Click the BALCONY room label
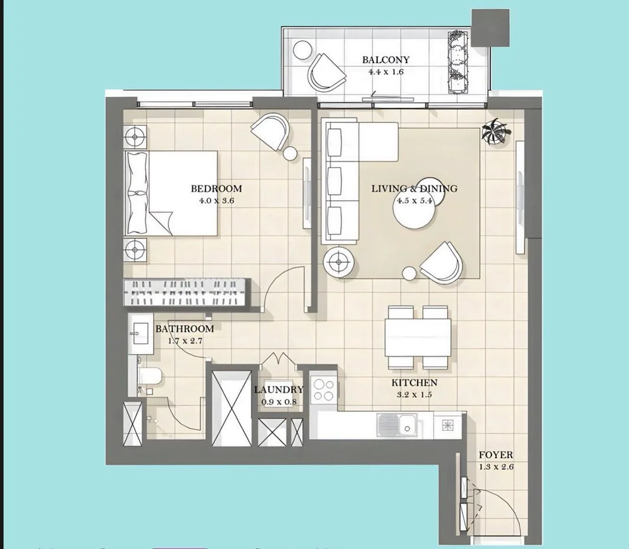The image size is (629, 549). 386,60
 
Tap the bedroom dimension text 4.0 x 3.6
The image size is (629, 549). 217,201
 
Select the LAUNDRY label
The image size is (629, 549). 279,390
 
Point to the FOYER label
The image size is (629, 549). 496,455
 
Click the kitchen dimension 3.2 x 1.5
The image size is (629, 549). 415,394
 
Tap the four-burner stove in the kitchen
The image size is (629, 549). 324,390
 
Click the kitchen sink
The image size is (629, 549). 397,425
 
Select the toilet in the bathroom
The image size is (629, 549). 149,376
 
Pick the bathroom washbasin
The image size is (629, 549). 141,334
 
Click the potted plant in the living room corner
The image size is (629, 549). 496,132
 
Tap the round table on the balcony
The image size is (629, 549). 302,50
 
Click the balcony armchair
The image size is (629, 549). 326,73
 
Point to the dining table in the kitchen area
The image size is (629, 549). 418,337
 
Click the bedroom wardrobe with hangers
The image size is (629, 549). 184,292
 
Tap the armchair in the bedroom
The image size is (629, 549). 270,132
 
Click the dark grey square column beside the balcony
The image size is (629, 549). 490,28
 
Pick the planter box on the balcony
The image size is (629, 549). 458,62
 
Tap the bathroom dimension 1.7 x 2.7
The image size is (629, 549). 185,341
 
